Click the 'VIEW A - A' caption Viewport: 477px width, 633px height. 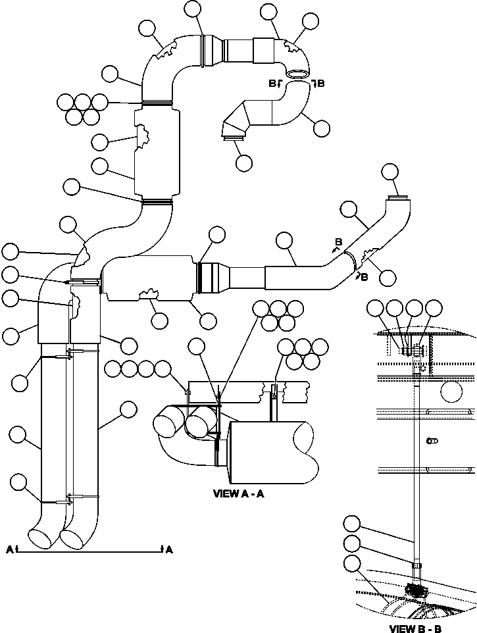(x=238, y=494)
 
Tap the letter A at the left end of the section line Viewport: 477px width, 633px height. (x=9, y=549)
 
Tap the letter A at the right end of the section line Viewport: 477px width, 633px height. (x=169, y=549)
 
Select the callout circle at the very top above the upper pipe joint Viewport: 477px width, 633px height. (x=193, y=9)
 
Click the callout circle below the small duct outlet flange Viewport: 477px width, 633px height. (x=243, y=162)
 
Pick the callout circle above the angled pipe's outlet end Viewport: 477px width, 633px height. (x=390, y=172)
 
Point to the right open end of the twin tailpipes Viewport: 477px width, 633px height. (x=74, y=537)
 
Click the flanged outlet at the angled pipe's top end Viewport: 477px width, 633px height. (x=399, y=197)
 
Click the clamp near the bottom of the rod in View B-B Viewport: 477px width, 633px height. (x=416, y=565)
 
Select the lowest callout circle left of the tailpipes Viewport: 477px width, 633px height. (x=19, y=483)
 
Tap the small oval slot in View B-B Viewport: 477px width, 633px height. (x=432, y=441)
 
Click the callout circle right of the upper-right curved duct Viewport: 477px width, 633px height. (x=322, y=128)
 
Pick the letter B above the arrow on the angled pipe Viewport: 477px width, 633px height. (x=338, y=243)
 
